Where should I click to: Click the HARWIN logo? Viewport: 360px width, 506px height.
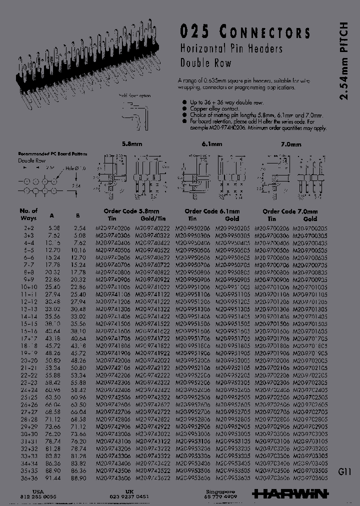pyautogui.click(x=290, y=493)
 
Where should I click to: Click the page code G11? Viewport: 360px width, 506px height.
pyautogui.click(x=345, y=471)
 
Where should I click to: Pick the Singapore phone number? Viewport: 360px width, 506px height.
pyautogui.click(x=220, y=496)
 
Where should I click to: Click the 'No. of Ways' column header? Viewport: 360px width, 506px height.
pyautogui.click(x=29, y=214)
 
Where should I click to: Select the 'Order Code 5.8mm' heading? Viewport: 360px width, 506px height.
pyautogui.click(x=131, y=211)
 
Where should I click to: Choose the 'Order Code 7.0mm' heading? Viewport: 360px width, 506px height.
pyautogui.click(x=290, y=211)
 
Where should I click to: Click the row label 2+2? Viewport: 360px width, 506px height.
pyautogui.click(x=28, y=227)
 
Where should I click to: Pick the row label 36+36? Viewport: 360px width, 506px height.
pyautogui.click(x=28, y=478)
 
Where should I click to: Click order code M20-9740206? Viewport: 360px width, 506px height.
pyautogui.click(x=112, y=227)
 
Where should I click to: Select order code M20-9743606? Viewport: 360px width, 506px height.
pyautogui.click(x=112, y=478)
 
